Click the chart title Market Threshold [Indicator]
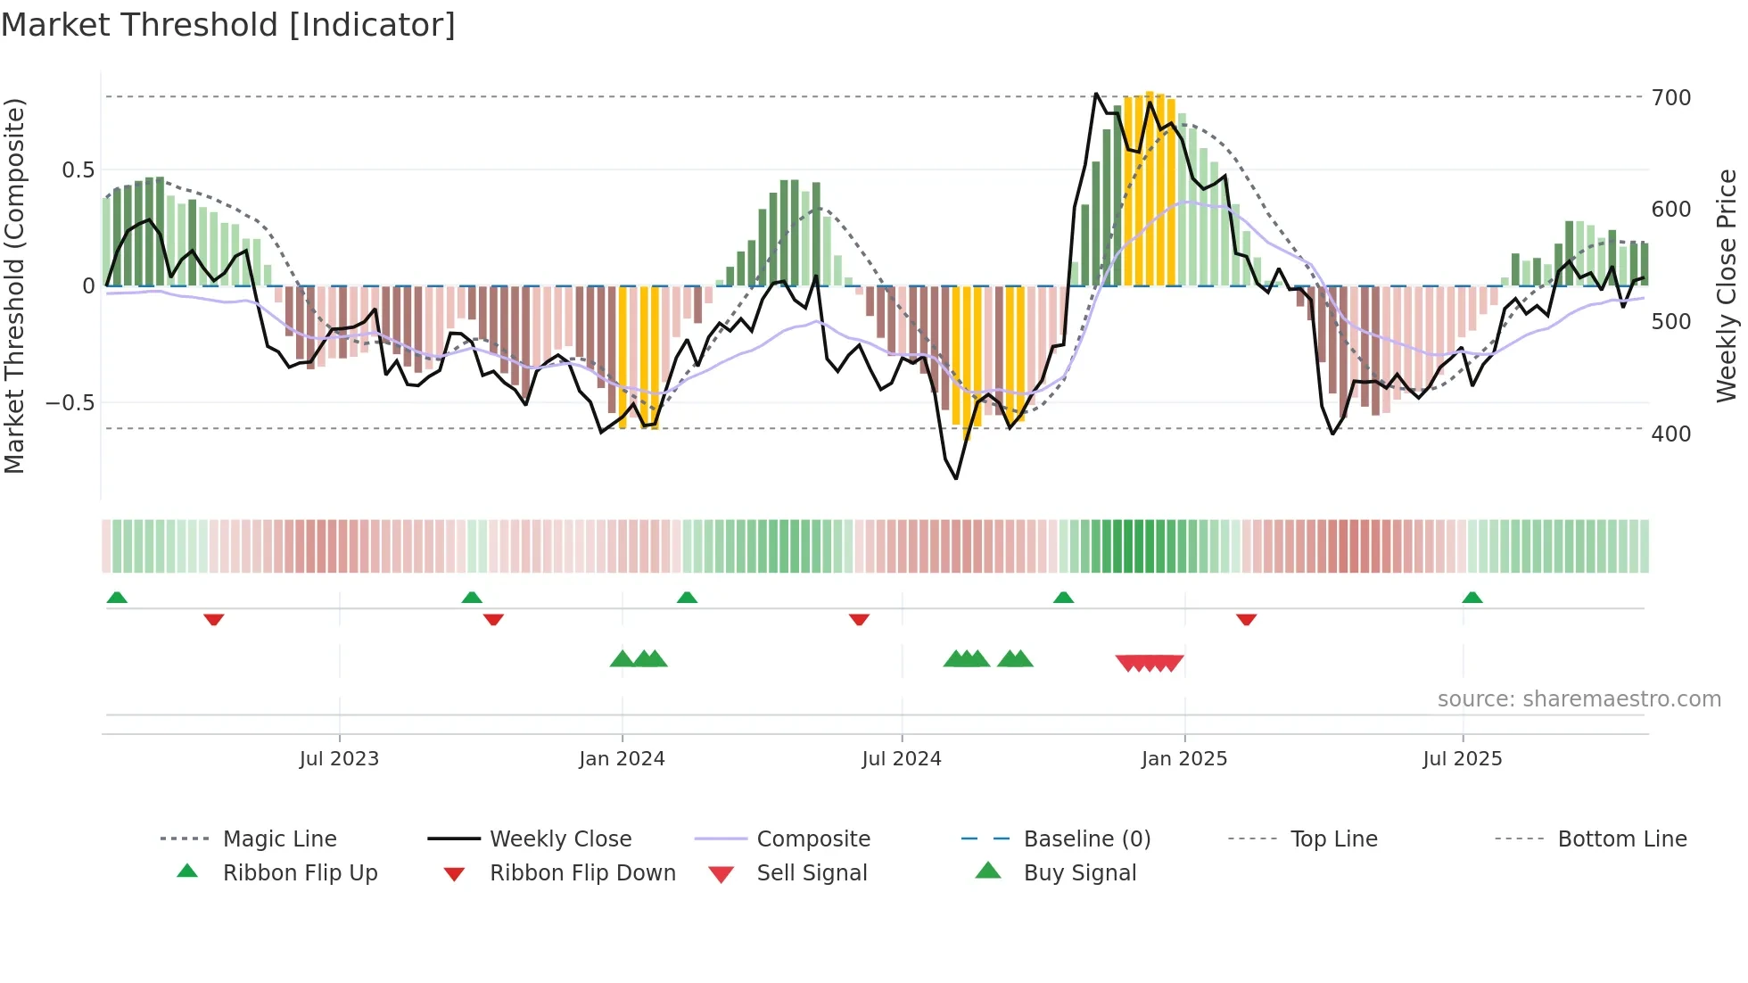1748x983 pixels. coord(228,25)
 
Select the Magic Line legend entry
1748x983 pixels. coord(279,839)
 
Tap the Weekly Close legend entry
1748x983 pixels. coord(560,839)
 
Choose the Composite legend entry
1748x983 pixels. coord(812,839)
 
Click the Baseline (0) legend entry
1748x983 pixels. coord(1086,839)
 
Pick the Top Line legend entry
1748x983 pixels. coord(1333,839)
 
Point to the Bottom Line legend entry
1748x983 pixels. coord(1621,839)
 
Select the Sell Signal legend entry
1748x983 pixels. coord(811,873)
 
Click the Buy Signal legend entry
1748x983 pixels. coord(1079,873)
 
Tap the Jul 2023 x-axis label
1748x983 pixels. coord(339,759)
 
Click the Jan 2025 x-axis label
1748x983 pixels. coord(1183,759)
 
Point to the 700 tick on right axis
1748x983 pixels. coord(1670,97)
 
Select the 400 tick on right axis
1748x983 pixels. coord(1670,434)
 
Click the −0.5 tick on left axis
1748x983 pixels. coord(70,403)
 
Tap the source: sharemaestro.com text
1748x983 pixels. coord(1579,699)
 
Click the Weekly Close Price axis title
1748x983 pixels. coord(1727,285)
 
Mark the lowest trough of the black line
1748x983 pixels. coord(956,478)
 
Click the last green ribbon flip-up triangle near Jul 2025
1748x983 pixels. coord(1472,598)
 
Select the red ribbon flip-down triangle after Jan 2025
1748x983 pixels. coord(1246,619)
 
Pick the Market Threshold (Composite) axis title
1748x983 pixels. coord(14,285)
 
